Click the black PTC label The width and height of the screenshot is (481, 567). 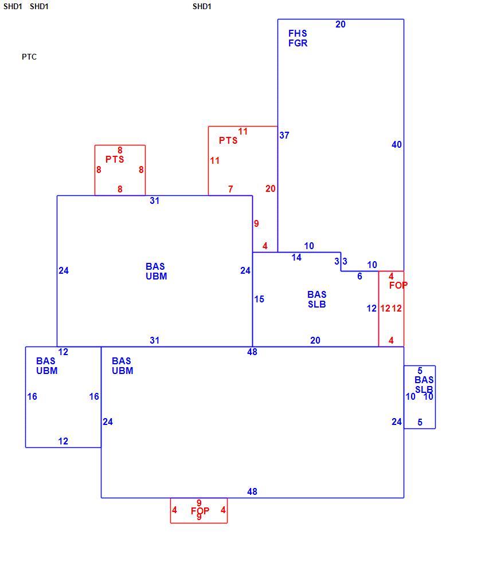point(29,57)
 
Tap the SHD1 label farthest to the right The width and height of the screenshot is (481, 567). point(202,6)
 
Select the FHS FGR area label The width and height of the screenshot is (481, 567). point(298,38)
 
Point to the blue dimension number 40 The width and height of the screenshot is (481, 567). point(397,145)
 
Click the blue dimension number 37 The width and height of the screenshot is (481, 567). point(284,135)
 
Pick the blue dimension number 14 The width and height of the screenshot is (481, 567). point(296,258)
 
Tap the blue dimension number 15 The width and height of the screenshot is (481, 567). point(259,299)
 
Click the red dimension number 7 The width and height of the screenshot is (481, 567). point(230,189)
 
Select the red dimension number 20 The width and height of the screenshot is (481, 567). point(271,189)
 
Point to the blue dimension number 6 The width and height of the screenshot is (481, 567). point(359,276)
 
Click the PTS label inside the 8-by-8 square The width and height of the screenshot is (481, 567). point(115,159)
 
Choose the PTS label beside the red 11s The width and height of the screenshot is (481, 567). point(228,140)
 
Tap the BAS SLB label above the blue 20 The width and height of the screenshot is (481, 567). point(316,300)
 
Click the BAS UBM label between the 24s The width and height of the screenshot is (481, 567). point(157,271)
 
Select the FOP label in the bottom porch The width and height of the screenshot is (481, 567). point(200,511)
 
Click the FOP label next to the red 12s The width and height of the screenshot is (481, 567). point(398,285)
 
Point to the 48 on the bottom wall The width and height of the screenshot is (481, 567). point(252,492)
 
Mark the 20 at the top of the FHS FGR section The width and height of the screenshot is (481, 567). point(340,25)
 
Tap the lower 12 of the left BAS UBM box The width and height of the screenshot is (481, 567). point(63,441)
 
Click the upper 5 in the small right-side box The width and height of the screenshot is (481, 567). point(420,371)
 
